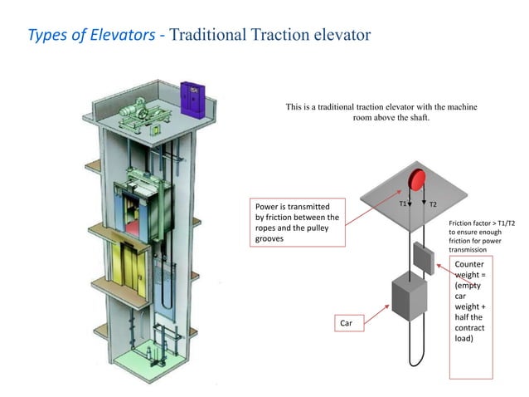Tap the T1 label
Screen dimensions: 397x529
point(402,203)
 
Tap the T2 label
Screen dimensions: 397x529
point(434,203)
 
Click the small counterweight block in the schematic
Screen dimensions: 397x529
point(423,258)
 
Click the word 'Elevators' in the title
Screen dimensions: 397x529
point(122,35)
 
